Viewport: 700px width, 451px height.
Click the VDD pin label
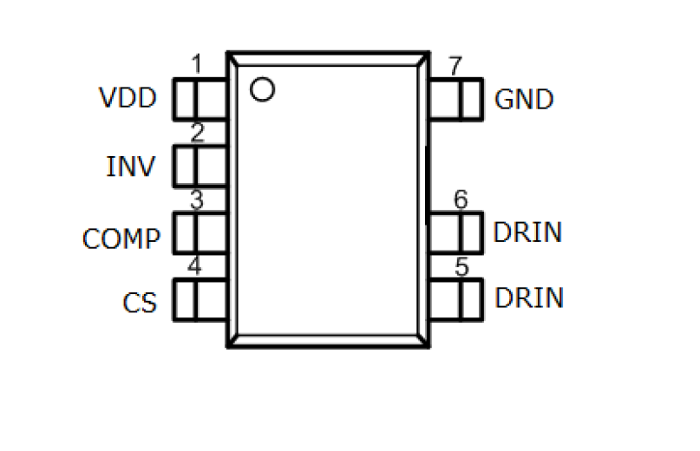tap(128, 98)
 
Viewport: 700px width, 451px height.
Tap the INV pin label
tap(131, 165)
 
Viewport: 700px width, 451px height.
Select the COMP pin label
tap(121, 239)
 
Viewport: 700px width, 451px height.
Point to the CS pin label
tap(139, 304)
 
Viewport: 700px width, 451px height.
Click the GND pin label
tap(524, 100)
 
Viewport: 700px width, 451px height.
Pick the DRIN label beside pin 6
tap(527, 232)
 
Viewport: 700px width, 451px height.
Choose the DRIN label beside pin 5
tap(529, 297)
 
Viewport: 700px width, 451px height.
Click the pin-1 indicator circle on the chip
tap(261, 88)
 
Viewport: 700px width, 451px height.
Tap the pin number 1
tap(196, 65)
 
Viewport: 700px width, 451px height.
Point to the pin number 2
tap(197, 133)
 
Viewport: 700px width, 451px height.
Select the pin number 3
tap(197, 199)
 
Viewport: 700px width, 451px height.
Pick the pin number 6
tap(461, 199)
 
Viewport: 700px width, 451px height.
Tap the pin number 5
tap(461, 266)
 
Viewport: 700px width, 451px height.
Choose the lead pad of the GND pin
tap(455, 99)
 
